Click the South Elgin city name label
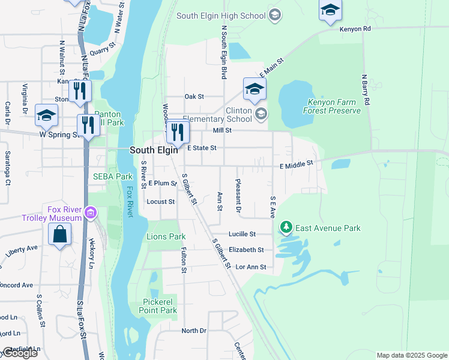pyautogui.click(x=153, y=151)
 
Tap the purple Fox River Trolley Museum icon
pyautogui.click(x=91, y=212)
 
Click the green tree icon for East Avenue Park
pyautogui.click(x=286, y=227)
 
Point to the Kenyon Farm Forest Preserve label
pyautogui.click(x=334, y=106)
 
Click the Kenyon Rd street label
pyautogui.click(x=355, y=28)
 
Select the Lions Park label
pyautogui.click(x=166, y=236)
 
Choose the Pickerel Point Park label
pyautogui.click(x=160, y=305)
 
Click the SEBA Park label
pyautogui.click(x=112, y=176)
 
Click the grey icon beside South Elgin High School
pyautogui.click(x=275, y=14)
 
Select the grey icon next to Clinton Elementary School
pyautogui.click(x=261, y=113)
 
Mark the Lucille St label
pyautogui.click(x=242, y=234)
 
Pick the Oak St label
pyautogui.click(x=194, y=96)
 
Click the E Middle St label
pyautogui.click(x=296, y=163)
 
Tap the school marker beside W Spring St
pyautogui.click(x=46, y=115)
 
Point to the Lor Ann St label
pyautogui.click(x=251, y=266)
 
